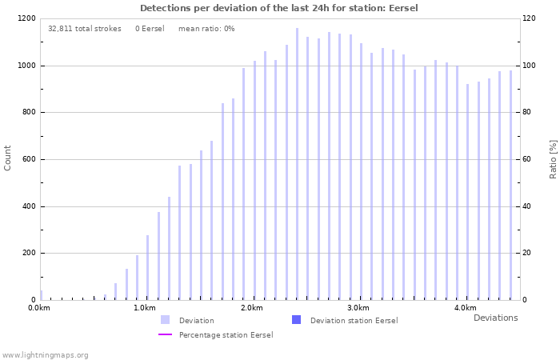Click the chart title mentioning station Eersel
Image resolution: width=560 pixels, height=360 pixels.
279,8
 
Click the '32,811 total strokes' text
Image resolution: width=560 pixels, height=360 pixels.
85,29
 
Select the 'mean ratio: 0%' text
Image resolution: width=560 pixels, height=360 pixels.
206,29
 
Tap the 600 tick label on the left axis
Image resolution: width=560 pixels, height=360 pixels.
29,159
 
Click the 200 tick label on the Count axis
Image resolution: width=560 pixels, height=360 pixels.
29,254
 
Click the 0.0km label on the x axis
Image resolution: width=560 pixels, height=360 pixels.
38,308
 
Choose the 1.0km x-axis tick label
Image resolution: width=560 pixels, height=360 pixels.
145,308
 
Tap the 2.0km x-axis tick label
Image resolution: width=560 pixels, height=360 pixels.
252,308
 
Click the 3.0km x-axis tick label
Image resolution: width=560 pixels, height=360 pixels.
358,308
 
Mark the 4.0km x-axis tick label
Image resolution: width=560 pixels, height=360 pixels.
465,308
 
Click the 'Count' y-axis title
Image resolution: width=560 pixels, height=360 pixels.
8,158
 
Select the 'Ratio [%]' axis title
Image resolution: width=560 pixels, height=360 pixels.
553,158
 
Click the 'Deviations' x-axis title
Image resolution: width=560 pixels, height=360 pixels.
495,318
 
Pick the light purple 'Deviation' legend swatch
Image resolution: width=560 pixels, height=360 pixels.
166,320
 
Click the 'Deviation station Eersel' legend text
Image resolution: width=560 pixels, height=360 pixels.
354,321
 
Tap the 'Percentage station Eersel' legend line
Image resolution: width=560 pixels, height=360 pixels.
166,334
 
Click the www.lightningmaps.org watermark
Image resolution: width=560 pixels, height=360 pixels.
45,354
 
